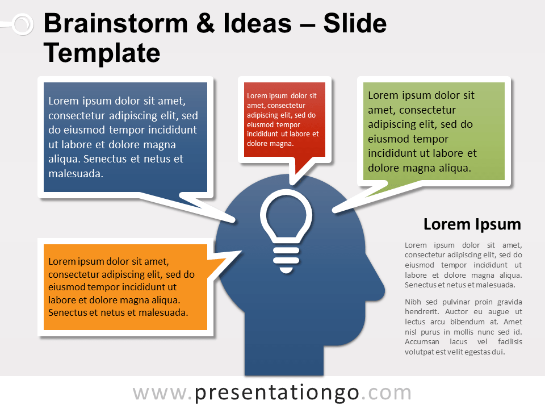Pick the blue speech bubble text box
(125, 137)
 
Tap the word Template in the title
(102, 53)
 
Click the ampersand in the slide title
(209, 24)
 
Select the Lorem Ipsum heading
(472, 224)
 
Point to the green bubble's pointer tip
(336, 210)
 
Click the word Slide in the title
(355, 24)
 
